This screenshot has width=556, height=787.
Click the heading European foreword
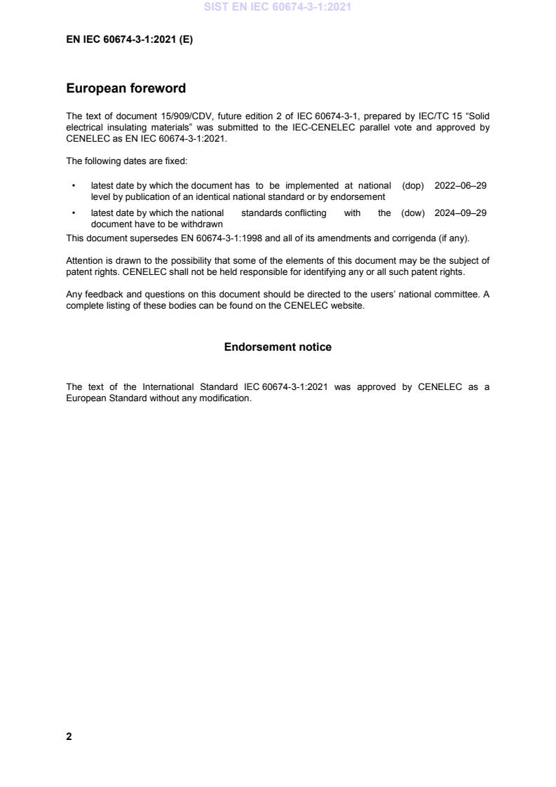(126, 88)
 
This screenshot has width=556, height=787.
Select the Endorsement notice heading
(278, 347)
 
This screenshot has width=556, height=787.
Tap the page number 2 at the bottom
(69, 736)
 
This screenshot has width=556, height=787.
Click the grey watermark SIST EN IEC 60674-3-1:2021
(278, 7)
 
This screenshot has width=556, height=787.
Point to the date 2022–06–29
(461, 186)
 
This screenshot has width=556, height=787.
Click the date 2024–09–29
(461, 213)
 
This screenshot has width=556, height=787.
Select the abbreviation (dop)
(413, 186)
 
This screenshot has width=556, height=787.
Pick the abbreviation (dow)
(413, 213)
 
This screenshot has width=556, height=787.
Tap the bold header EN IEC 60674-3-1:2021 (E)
(129, 40)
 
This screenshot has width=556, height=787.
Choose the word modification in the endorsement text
(226, 398)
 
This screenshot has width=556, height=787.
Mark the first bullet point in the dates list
(74, 186)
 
